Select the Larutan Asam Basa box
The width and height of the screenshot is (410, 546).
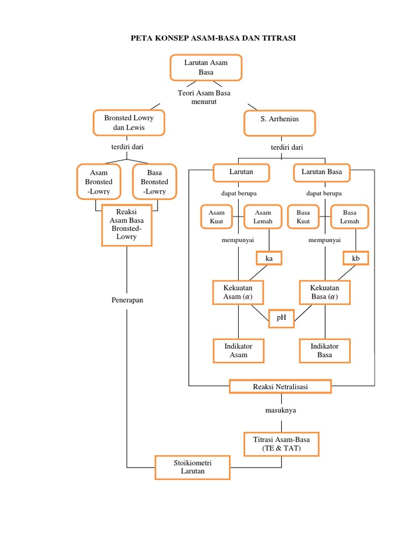pos(206,67)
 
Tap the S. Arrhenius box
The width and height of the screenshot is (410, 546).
pos(280,123)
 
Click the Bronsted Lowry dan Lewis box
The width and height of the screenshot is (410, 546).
pos(129,123)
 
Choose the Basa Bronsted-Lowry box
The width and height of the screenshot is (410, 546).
pos(154,182)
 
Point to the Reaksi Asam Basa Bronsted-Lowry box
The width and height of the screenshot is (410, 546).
pos(127,225)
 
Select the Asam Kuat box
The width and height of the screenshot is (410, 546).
pos(217,217)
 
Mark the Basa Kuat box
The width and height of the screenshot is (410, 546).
pos(303,217)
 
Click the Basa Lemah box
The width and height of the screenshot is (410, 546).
pos(350,217)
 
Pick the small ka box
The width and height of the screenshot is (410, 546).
pos(269,259)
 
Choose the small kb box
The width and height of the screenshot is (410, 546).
pos(356,259)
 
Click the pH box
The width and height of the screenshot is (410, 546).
pos(281,318)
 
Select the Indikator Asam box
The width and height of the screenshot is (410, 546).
pos(238,350)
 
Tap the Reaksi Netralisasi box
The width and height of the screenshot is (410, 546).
pos(280,386)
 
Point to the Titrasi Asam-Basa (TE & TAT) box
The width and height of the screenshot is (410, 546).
pos(281,444)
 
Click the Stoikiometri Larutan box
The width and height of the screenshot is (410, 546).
pos(193,467)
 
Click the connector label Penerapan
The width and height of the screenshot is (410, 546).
pos(127,300)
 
